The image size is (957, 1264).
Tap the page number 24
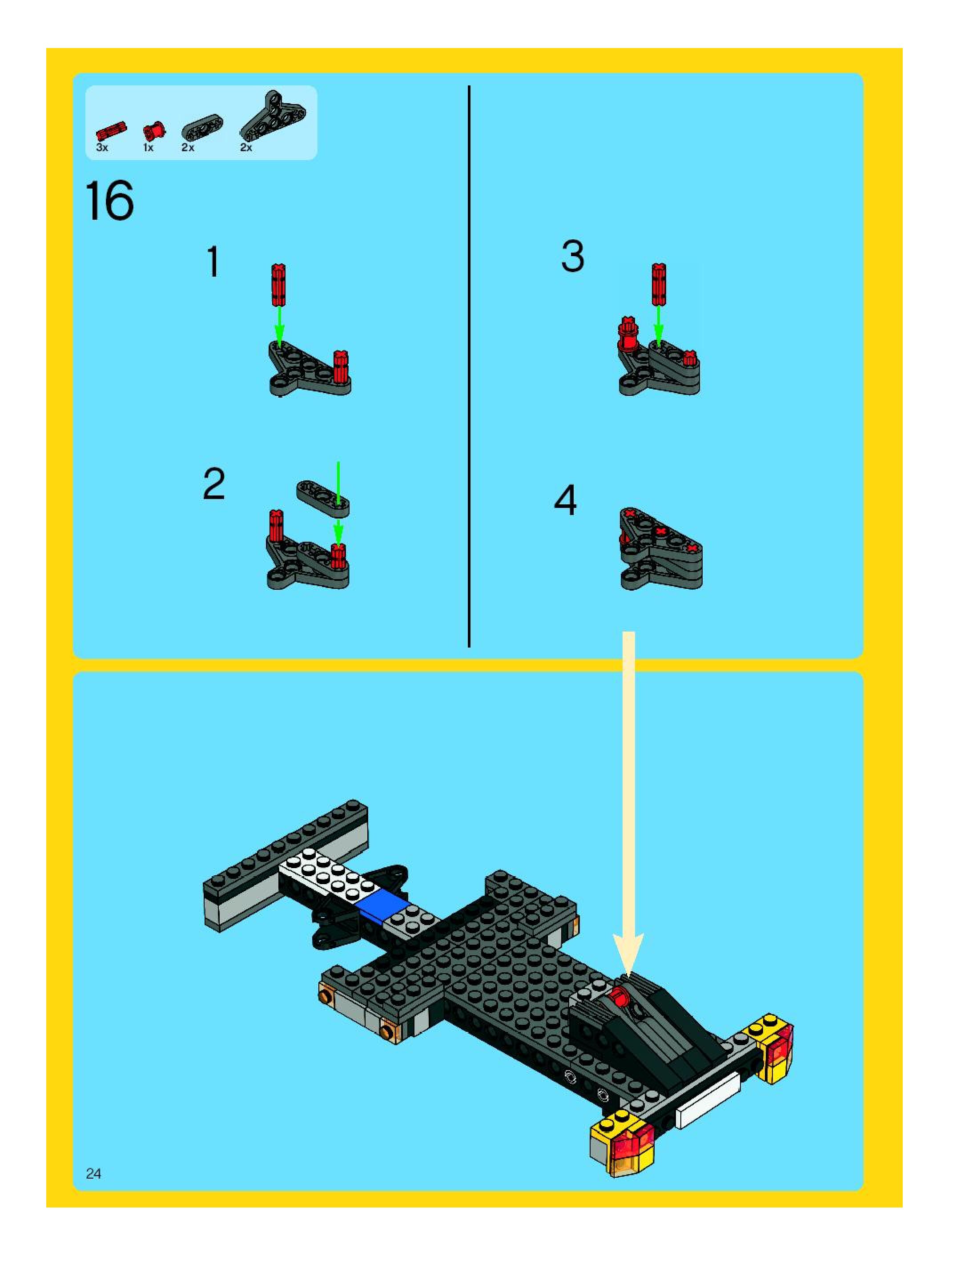pos(93,1174)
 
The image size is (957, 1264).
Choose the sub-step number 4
pos(566,500)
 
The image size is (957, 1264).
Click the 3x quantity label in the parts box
pos(102,147)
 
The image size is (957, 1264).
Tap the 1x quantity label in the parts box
pos(148,147)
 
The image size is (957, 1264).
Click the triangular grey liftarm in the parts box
pos(273,116)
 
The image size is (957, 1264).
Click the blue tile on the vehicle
pos(381,905)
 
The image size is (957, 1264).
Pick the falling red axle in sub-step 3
pos(659,285)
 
